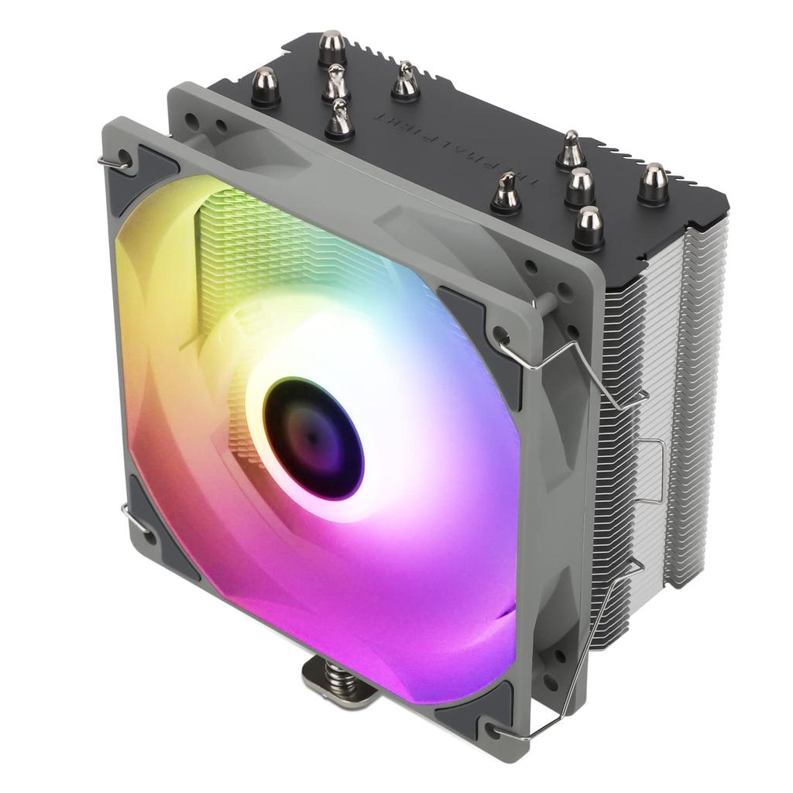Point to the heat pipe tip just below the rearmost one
[336, 82]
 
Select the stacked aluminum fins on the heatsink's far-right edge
[701, 387]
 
